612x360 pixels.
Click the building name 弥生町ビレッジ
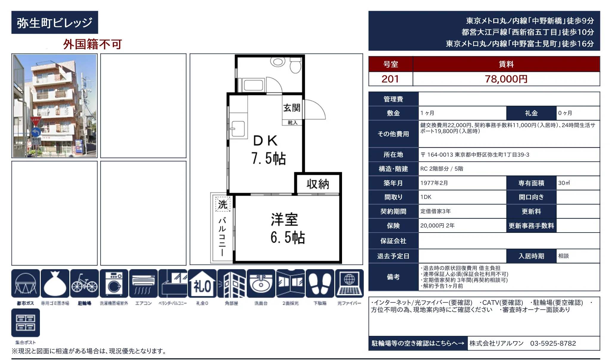pos(54,23)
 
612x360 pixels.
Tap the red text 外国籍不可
pos(92,44)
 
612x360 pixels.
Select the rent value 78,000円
pos(506,79)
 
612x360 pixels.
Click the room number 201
pos(390,79)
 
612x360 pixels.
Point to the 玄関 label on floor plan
pos(292,108)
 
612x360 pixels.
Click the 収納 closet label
pos(318,184)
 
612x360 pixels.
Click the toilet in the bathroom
pos(295,66)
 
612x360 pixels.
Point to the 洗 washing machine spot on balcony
pos(223,204)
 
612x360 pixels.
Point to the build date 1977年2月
pos(434,183)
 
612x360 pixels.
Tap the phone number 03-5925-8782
pos(553,343)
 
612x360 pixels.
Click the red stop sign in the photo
pos(35,121)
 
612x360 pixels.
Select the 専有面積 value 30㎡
pos(564,183)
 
